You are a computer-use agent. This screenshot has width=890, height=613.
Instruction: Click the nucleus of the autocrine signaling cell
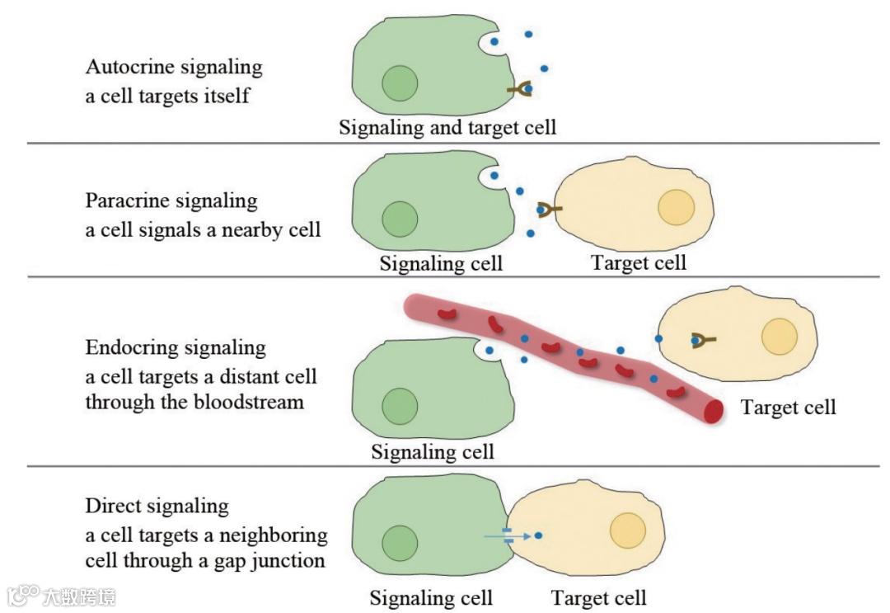point(400,84)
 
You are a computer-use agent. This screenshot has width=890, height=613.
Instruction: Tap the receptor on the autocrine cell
point(520,89)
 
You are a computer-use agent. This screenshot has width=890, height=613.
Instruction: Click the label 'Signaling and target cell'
point(447,128)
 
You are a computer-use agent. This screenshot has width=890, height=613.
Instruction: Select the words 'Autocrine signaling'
point(173,67)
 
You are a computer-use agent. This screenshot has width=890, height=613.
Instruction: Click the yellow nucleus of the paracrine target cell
point(676,207)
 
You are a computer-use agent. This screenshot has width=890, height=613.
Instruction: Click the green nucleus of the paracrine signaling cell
point(400,219)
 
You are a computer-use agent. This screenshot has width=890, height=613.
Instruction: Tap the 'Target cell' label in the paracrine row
point(639,263)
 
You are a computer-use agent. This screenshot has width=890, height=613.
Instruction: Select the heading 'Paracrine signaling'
point(171,200)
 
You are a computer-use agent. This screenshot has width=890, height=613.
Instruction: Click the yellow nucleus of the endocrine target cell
point(779,337)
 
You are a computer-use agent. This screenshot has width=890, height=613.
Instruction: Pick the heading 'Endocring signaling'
point(176,348)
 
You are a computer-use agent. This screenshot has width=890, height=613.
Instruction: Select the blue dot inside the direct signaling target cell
point(538,535)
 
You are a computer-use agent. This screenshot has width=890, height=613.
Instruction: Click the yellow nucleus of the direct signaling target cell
point(628,530)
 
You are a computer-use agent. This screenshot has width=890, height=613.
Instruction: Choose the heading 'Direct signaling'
point(157,506)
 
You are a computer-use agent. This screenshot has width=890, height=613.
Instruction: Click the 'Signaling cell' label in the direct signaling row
point(430,598)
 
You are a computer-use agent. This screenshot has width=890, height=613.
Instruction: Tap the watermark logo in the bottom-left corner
point(25,595)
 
